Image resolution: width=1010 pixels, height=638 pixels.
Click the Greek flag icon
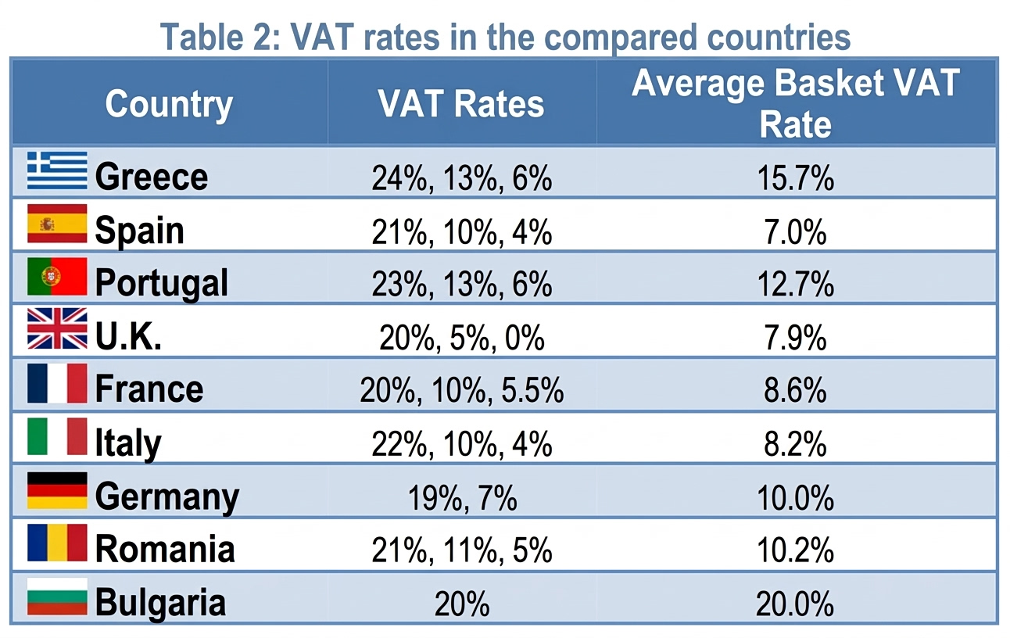[x=57, y=170]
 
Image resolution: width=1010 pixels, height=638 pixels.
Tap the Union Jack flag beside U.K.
[x=57, y=328]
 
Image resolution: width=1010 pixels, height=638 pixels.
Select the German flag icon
[x=57, y=490]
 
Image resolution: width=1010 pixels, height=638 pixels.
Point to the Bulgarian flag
[x=57, y=597]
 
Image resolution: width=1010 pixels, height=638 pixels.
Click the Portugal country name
[x=161, y=284]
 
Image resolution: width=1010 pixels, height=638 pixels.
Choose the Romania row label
[x=165, y=548]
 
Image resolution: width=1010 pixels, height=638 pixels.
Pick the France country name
[x=149, y=389]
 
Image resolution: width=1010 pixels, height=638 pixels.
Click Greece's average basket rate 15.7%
[x=795, y=178]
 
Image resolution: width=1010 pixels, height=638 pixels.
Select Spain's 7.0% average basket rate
[x=795, y=232]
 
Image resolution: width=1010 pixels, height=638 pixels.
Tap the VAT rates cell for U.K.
[x=462, y=338]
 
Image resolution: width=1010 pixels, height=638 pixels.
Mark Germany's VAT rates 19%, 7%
[x=462, y=498]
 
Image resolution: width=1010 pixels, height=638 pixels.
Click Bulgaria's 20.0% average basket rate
[x=795, y=604]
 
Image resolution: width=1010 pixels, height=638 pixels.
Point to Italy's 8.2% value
[x=795, y=443]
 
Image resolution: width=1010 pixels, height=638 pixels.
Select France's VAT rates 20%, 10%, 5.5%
[x=462, y=390]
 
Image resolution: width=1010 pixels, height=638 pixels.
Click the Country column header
[x=169, y=105]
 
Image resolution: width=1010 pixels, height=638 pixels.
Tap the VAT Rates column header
[x=461, y=104]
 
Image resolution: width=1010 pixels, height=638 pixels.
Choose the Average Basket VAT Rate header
[x=795, y=103]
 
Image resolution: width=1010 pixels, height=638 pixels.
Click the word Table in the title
[x=202, y=37]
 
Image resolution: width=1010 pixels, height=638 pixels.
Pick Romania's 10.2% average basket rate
[x=795, y=550]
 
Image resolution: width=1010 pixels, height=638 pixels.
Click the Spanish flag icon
[x=57, y=224]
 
